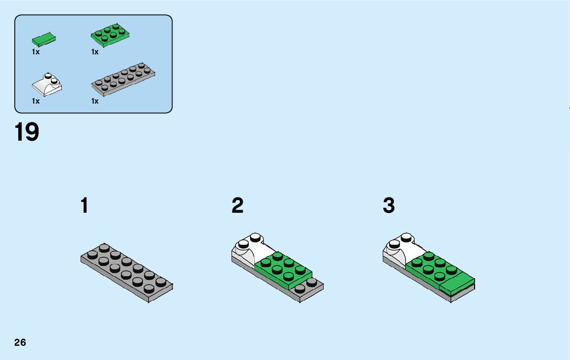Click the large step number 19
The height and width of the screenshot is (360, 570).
tap(27, 132)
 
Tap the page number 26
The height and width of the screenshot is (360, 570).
tap(20, 342)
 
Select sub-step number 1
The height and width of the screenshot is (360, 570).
tap(84, 206)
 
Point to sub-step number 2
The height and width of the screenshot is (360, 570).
tap(237, 206)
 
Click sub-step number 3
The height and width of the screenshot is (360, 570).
tap(389, 206)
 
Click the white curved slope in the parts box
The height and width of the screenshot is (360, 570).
tap(47, 85)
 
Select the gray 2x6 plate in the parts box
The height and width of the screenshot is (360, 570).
tap(122, 80)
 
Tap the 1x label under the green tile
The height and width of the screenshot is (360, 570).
tap(36, 52)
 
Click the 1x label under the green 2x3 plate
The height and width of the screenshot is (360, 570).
tap(95, 52)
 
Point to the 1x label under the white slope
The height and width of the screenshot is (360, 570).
tap(36, 101)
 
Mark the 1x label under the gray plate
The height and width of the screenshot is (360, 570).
tap(95, 101)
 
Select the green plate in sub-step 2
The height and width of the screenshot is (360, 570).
tap(282, 269)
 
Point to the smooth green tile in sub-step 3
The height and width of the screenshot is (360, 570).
tap(456, 285)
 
